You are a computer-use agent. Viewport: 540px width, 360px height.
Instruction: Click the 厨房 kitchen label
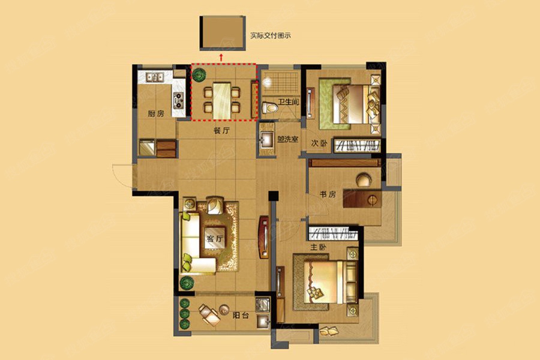pyautogui.click(x=155, y=113)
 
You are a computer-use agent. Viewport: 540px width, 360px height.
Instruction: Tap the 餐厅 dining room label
pyautogui.click(x=221, y=131)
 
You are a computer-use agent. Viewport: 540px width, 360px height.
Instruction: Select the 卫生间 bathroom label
pyautogui.click(x=288, y=103)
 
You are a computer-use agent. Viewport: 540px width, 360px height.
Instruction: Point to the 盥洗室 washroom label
pyautogui.click(x=287, y=140)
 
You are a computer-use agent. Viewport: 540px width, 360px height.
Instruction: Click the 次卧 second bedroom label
pyautogui.click(x=319, y=143)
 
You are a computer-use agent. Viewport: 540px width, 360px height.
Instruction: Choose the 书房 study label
pyautogui.click(x=328, y=194)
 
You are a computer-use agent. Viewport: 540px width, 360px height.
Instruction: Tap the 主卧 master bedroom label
pyautogui.click(x=318, y=247)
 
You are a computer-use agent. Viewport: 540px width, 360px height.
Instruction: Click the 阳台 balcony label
pyautogui.click(x=241, y=315)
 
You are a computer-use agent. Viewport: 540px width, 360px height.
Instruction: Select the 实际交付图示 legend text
pyautogui.click(x=271, y=35)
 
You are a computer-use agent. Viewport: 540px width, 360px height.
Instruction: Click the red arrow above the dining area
pyautogui.click(x=221, y=57)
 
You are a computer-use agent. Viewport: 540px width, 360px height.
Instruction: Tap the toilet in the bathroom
pyautogui.click(x=270, y=108)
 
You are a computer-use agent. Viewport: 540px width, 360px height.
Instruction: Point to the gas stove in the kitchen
pyautogui.click(x=178, y=100)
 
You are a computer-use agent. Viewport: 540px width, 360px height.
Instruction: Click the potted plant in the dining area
pyautogui.click(x=199, y=75)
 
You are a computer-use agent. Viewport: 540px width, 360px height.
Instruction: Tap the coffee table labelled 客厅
pyautogui.click(x=215, y=238)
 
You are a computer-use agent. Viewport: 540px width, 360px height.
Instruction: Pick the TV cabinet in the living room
pyautogui.click(x=264, y=237)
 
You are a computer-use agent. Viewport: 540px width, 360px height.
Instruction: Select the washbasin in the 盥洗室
pyautogui.click(x=267, y=140)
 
